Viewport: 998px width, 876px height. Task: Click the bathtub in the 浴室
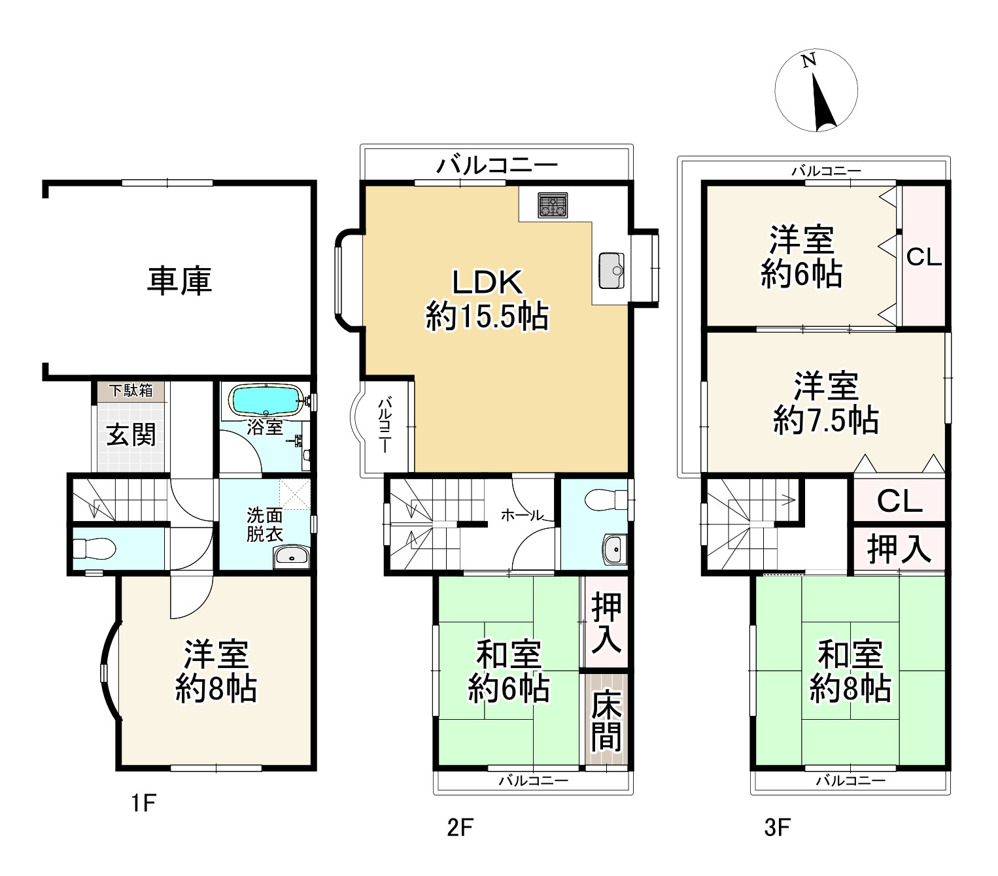[267, 400]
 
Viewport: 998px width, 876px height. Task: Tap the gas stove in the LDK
[553, 205]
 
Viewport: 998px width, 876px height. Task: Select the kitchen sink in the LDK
[611, 271]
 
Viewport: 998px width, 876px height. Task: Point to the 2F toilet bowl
[606, 500]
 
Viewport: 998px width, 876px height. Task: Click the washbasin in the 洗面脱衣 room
[291, 556]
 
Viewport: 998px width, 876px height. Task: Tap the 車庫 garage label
[179, 280]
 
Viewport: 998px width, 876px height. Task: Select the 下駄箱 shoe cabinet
[131, 390]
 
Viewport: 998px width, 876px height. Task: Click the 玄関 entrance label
[131, 435]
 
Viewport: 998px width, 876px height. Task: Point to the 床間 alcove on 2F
[606, 720]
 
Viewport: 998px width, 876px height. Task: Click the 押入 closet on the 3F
[899, 548]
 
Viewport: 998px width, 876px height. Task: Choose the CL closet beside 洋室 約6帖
[923, 256]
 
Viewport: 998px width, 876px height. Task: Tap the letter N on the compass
[808, 60]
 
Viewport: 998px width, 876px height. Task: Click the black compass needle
[823, 102]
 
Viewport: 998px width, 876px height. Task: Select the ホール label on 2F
[522, 516]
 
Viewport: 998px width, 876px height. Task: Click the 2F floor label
[460, 827]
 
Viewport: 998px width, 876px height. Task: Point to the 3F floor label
[778, 827]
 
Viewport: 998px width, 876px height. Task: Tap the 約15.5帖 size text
[487, 316]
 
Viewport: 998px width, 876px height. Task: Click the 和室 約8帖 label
[850, 671]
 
